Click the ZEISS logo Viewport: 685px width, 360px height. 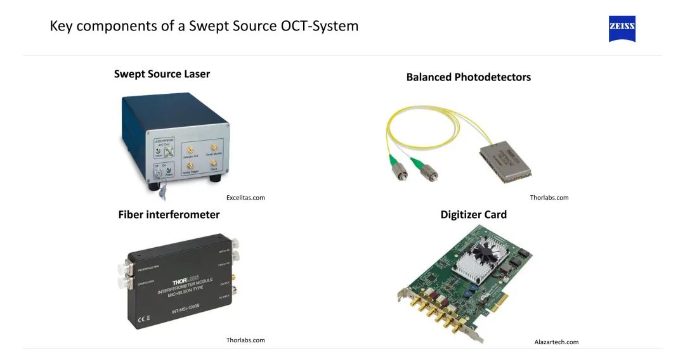(x=622, y=29)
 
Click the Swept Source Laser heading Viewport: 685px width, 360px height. (x=162, y=74)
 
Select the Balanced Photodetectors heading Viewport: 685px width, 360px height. (x=468, y=77)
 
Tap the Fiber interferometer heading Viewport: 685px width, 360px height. (x=169, y=215)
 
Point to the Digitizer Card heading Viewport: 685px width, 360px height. (x=473, y=215)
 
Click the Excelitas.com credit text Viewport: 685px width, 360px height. (x=245, y=198)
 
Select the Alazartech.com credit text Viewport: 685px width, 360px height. (x=556, y=342)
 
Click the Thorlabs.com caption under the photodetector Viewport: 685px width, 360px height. (x=549, y=198)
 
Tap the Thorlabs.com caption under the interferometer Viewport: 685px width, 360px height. (x=245, y=340)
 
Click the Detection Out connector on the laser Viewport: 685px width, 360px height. (x=189, y=149)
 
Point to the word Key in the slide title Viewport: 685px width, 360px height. (x=61, y=27)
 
